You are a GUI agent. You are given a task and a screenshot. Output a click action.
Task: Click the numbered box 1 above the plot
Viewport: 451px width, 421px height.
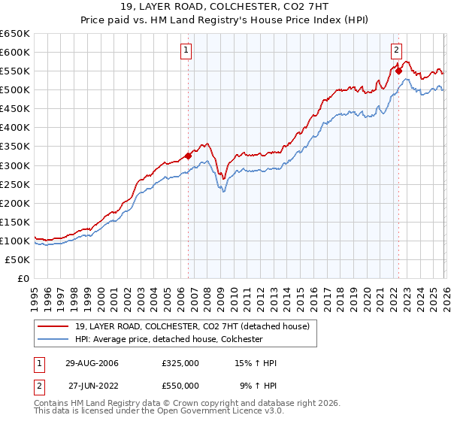(x=186, y=51)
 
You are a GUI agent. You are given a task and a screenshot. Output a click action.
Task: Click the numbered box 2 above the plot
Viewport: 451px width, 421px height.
(x=395, y=51)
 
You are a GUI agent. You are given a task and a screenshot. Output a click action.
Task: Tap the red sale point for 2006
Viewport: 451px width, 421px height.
(x=188, y=156)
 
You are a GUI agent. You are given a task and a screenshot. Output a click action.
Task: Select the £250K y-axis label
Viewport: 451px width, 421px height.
(x=15, y=184)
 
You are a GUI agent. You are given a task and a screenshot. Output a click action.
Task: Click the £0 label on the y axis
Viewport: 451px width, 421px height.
(x=23, y=278)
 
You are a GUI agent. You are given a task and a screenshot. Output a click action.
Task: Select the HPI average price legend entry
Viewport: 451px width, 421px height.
(x=168, y=339)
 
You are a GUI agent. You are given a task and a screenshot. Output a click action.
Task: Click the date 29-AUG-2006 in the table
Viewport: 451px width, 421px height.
(x=92, y=363)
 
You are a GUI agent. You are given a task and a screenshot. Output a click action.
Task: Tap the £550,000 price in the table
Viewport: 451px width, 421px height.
(x=180, y=385)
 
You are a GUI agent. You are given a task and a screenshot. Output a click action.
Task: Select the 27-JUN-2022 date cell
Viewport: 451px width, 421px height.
(x=93, y=385)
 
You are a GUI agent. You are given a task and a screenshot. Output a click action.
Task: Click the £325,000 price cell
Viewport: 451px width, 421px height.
(x=180, y=363)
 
